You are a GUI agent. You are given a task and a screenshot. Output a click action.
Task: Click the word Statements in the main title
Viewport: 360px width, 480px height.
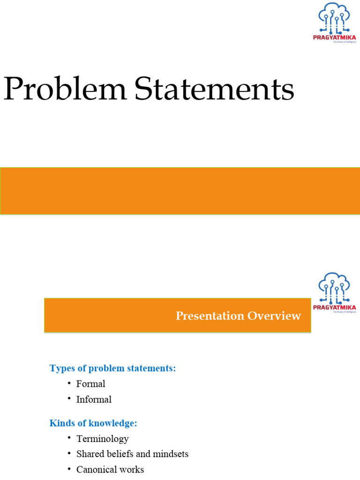[215, 90]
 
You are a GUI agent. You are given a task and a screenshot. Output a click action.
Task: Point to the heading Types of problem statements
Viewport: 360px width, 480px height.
[112, 368]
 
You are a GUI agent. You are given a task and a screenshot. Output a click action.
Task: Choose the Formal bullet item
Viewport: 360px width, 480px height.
[90, 384]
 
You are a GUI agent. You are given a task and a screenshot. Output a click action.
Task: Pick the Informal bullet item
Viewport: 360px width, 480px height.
[94, 400]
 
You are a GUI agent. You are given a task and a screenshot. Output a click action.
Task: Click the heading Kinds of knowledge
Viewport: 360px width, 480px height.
[93, 423]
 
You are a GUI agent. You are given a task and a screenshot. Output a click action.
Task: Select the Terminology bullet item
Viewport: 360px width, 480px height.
[102, 439]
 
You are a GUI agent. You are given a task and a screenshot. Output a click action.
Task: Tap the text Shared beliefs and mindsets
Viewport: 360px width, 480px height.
[132, 454]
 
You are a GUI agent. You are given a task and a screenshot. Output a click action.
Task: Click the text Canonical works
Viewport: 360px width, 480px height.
[110, 470]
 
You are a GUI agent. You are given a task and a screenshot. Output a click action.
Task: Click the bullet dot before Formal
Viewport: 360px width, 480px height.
[68, 383]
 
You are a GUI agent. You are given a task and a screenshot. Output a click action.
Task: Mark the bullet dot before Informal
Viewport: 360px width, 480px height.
[68, 399]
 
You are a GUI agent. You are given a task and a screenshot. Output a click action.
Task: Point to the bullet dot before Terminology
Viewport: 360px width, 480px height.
[68, 439]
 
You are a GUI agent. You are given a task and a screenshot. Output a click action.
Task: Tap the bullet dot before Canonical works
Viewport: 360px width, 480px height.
[68, 469]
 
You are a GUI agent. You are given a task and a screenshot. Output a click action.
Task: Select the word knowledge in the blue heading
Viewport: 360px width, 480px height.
[115, 423]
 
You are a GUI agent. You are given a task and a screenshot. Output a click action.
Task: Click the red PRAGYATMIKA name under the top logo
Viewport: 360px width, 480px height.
[334, 37]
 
